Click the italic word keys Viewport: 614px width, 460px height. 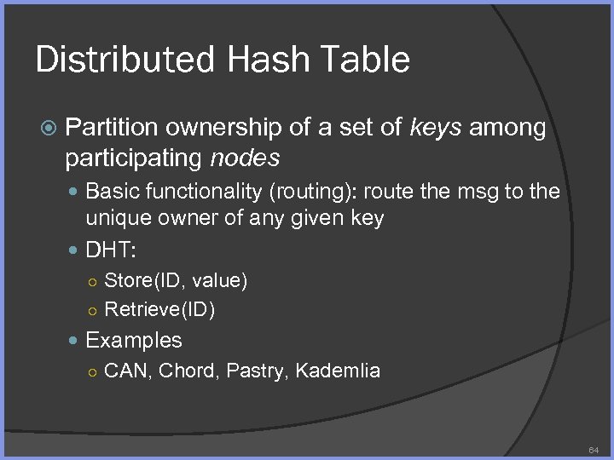[x=437, y=128]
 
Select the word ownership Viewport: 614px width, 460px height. [x=223, y=128]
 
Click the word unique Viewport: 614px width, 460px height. [x=114, y=218]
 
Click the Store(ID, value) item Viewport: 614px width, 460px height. [x=176, y=279]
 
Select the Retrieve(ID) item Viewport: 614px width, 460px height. [x=159, y=309]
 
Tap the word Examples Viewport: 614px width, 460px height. [x=134, y=340]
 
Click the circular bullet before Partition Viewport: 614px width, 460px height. [x=50, y=129]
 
